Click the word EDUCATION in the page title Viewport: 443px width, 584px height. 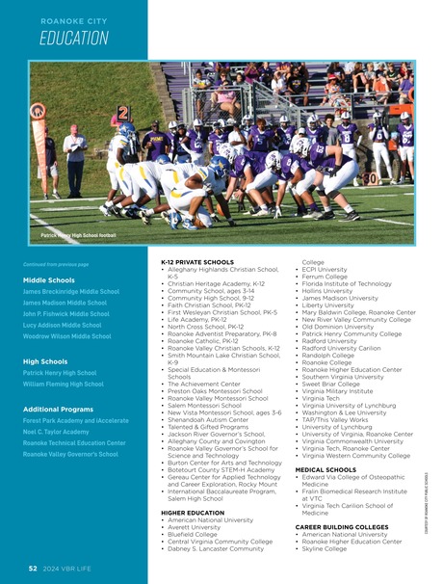(x=74, y=39)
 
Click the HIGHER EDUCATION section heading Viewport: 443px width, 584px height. (x=194, y=513)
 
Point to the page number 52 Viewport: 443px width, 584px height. (x=32, y=569)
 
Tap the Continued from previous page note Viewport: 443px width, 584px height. (x=56, y=263)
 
